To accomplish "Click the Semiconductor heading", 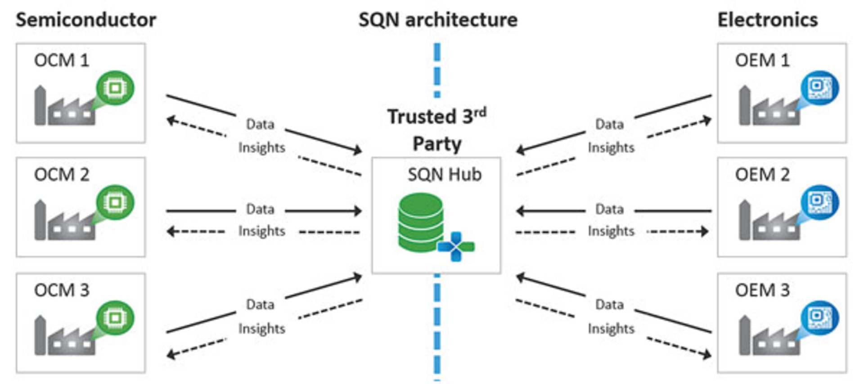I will [x=86, y=20].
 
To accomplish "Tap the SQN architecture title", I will [x=437, y=20].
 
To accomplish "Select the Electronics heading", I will [x=767, y=20].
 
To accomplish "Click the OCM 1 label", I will [x=62, y=60].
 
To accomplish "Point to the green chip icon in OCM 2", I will [x=115, y=202].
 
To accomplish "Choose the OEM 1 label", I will [x=762, y=60].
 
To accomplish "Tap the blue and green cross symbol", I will [x=456, y=246].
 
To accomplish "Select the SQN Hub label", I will [x=444, y=174].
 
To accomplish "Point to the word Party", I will [x=437, y=144].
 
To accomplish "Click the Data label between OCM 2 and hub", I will [x=260, y=210].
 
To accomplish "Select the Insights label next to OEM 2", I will [x=611, y=231].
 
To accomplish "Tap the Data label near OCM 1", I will [x=260, y=124].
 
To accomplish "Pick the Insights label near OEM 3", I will [x=611, y=329].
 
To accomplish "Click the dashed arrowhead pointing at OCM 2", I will [x=171, y=232].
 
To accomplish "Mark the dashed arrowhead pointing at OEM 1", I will [x=707, y=121].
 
